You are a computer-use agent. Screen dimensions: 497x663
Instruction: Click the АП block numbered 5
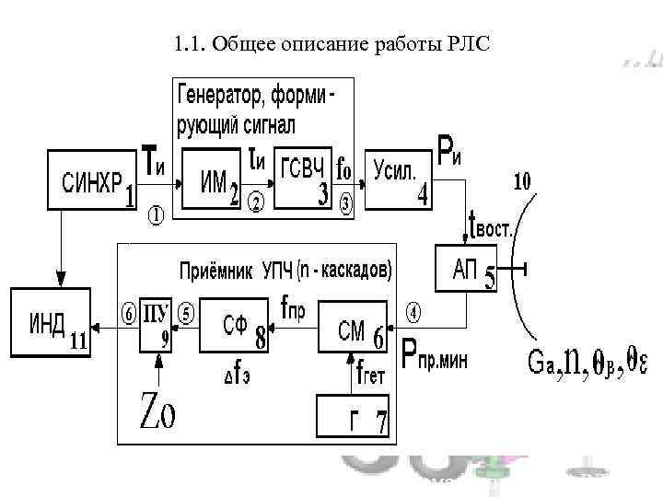[465, 269]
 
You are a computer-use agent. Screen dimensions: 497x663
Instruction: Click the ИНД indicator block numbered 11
[50, 321]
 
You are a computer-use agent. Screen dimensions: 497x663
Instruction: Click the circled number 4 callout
[414, 313]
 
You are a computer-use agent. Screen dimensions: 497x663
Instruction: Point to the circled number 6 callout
[129, 312]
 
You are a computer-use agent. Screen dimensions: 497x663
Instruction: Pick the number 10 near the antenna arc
[521, 182]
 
